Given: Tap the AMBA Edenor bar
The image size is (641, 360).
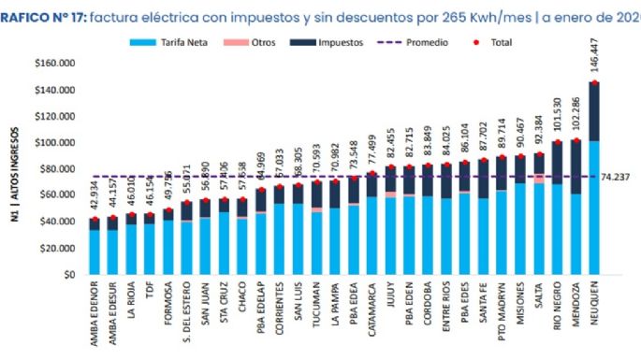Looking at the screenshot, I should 94,250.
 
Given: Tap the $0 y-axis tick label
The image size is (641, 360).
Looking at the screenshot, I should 67,275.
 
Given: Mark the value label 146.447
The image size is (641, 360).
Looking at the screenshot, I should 593,62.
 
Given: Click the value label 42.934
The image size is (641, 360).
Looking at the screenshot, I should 94,197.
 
